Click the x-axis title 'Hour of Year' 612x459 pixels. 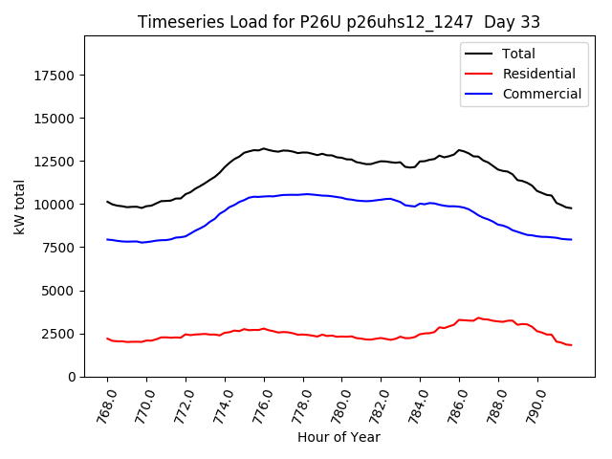click(339, 437)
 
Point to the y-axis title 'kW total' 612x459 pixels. click(19, 207)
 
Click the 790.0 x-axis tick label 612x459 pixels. click(533, 404)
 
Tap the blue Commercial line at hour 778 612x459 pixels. click(303, 194)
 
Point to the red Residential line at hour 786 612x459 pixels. click(459, 319)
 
